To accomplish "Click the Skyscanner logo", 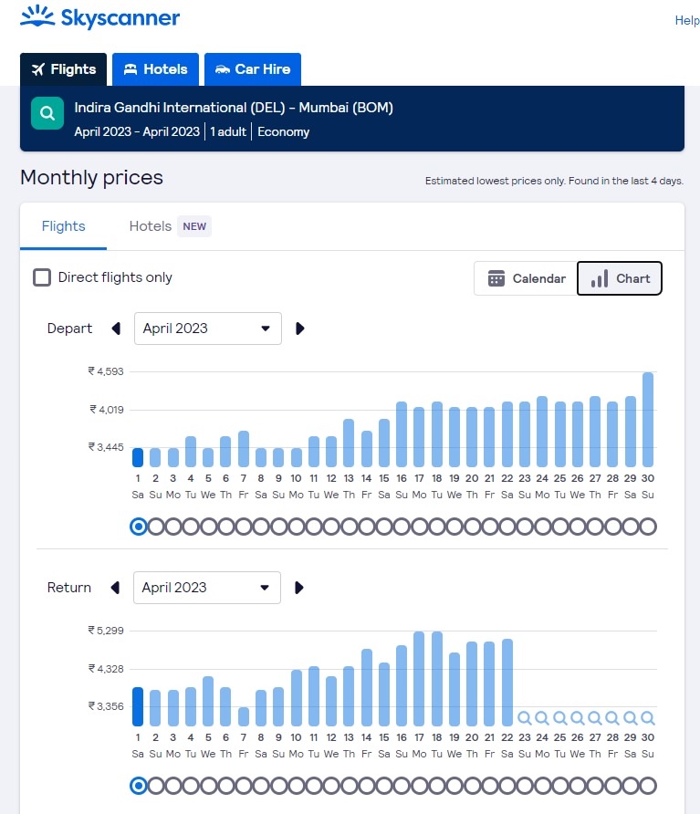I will [x=99, y=17].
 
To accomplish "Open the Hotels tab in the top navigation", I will [x=155, y=69].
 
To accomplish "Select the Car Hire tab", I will [x=253, y=69].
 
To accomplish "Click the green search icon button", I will [x=47, y=114].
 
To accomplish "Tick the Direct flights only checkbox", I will [x=42, y=277].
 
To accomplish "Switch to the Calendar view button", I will [x=527, y=278].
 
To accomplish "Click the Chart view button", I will [x=620, y=278].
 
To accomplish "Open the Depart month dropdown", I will [x=207, y=329].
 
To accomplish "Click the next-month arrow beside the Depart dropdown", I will [x=300, y=329].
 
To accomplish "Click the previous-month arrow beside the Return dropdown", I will [x=115, y=588].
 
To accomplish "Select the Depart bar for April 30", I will [x=648, y=420].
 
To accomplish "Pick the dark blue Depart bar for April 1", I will [x=138, y=457].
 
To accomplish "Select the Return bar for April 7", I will [x=244, y=716].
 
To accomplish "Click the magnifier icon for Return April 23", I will [x=524, y=718].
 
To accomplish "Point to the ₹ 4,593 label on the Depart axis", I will [x=106, y=371].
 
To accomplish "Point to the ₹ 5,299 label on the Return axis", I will [x=106, y=631].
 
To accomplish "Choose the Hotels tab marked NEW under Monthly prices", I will [x=170, y=226].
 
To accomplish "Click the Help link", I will [x=686, y=21].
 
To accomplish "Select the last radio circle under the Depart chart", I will [x=648, y=527].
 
